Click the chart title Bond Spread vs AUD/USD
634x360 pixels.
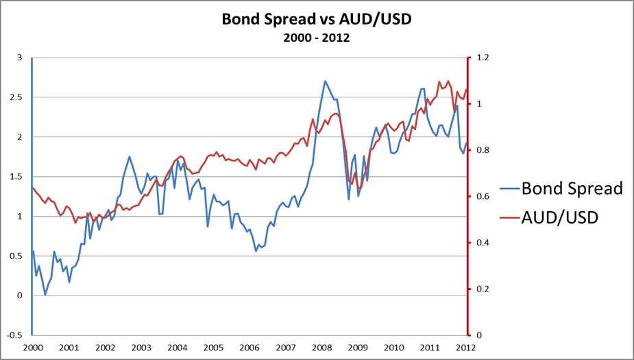[x=317, y=19]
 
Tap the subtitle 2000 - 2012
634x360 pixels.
[x=317, y=38]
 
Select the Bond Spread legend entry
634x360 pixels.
[x=572, y=189]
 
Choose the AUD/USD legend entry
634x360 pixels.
[x=560, y=217]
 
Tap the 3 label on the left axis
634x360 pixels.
[x=21, y=58]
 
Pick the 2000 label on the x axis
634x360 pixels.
[x=32, y=348]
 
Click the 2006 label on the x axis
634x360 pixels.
[x=249, y=348]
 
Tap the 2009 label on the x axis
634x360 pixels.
[x=358, y=348]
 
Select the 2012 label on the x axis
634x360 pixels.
[x=466, y=348]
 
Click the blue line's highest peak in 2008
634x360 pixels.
[x=325, y=81]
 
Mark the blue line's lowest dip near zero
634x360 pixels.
[x=45, y=295]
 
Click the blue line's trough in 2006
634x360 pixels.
[x=256, y=251]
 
